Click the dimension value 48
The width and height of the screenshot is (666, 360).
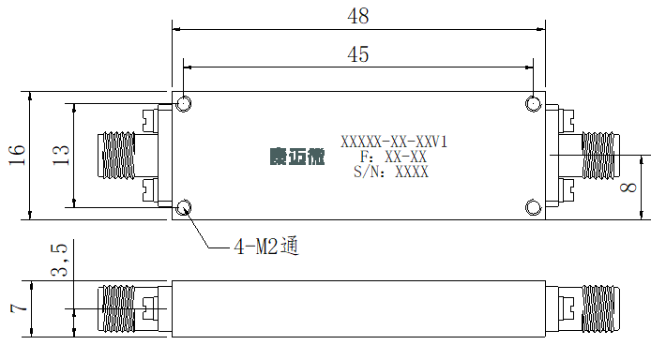[358, 16]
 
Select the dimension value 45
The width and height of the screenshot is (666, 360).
[358, 54]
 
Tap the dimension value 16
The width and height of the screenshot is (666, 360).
[17, 155]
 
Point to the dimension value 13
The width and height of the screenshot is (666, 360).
[60, 155]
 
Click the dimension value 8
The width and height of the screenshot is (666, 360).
[628, 187]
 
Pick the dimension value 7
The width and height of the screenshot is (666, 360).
[20, 308]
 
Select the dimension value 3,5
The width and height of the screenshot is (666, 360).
[59, 260]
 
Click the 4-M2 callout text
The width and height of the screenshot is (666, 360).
[266, 247]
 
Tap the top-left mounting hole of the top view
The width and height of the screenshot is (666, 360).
[184, 103]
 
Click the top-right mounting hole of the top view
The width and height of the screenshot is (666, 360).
[533, 103]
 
